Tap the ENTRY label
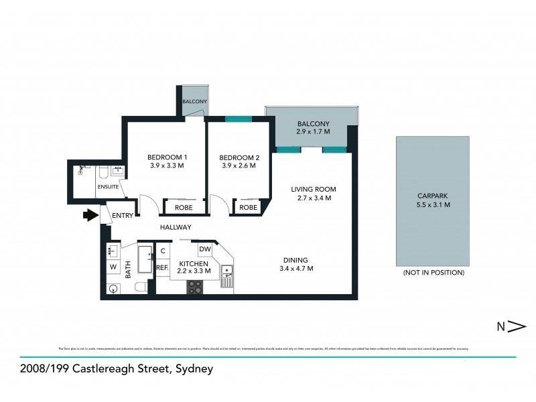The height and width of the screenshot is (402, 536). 123,215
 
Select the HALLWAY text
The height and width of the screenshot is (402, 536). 176,227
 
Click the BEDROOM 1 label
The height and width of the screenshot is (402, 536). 167,157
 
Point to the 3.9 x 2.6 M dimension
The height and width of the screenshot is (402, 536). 237,165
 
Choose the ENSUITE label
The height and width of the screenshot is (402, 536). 108,186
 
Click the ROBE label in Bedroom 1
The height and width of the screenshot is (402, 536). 180,207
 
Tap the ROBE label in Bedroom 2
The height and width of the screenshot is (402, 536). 248,207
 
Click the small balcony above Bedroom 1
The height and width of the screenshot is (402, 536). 194,101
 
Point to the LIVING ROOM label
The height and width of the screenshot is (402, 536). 313,189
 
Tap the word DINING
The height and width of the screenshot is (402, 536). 295,260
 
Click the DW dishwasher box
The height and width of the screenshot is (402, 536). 205,249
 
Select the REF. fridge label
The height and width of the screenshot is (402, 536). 161,267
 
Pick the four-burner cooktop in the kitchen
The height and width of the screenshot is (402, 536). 194,286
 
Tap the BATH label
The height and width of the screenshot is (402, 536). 127,270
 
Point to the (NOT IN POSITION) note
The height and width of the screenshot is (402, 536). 433,273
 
